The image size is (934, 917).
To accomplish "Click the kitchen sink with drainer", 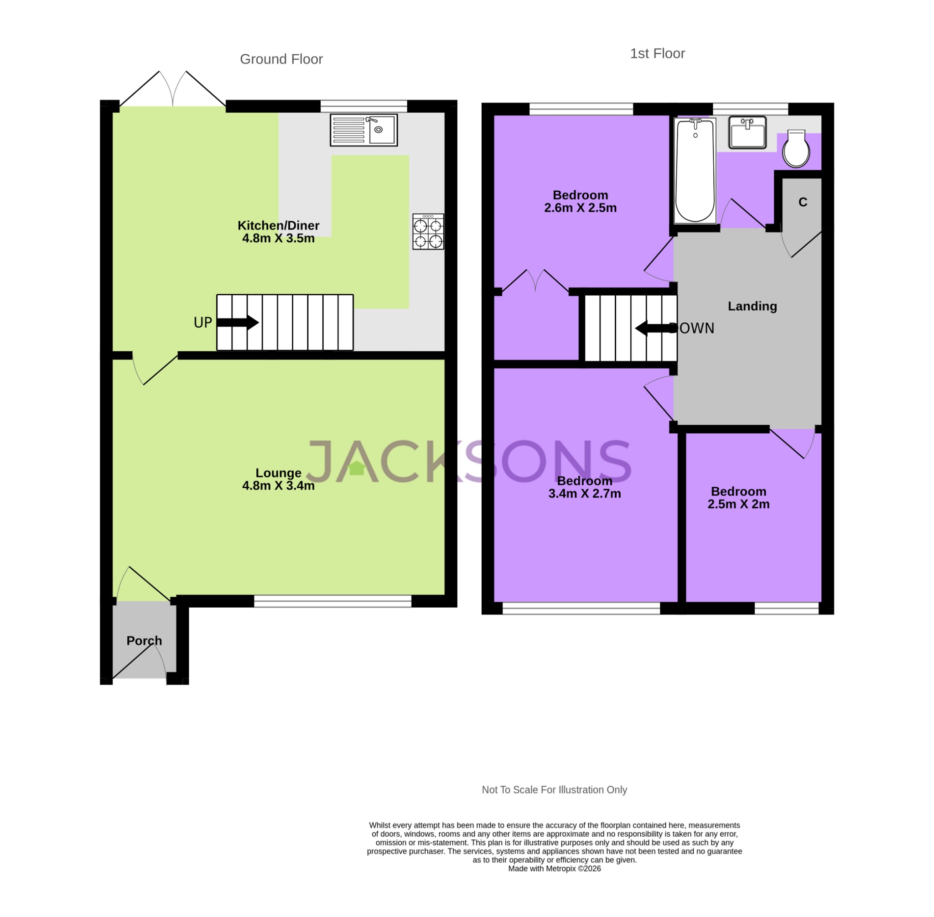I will [363, 130].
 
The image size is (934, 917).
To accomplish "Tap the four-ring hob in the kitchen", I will [428, 232].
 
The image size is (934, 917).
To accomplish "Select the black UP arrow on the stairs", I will [239, 322].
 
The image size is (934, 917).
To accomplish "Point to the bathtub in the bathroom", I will [695, 171].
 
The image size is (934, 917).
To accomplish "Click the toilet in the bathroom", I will [796, 149].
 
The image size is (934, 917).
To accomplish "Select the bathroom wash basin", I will [747, 132].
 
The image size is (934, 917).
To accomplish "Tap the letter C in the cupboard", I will [803, 202].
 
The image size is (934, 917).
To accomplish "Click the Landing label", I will [752, 306].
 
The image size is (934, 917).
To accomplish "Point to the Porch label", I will [144, 641].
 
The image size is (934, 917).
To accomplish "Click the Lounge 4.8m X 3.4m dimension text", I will [278, 485].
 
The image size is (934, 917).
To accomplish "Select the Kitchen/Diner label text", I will [278, 225].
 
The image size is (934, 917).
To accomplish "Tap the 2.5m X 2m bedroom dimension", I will [738, 504].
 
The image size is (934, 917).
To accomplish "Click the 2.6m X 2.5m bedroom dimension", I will [580, 208].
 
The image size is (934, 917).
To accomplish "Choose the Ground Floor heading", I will [281, 59].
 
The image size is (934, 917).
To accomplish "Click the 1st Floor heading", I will [657, 53].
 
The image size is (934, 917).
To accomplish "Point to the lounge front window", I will [332, 600].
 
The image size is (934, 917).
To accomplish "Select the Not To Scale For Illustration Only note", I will [554, 790].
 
